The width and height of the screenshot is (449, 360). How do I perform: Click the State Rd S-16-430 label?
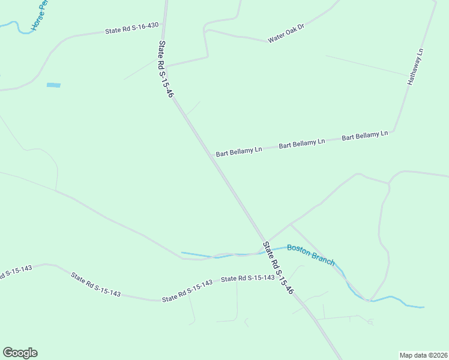[132, 28]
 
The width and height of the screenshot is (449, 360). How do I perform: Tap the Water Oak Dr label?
[286, 34]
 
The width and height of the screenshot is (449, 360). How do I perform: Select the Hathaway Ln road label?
[415, 67]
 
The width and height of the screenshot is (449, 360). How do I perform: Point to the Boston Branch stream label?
[310, 254]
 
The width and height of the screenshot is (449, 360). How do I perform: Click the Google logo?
[20, 353]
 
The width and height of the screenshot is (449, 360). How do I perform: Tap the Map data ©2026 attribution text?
[423, 355]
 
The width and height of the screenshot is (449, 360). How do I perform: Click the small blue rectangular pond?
[53, 85]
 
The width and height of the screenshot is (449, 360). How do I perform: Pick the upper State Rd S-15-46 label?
[166, 69]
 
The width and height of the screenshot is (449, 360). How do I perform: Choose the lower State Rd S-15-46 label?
[277, 268]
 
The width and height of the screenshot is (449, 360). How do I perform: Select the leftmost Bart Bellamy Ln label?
[240, 150]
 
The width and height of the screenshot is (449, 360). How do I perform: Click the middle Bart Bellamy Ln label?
[301, 143]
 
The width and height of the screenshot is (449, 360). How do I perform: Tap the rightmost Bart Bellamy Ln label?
[365, 136]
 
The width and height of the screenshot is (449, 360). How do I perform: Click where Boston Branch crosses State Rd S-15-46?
[263, 252]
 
